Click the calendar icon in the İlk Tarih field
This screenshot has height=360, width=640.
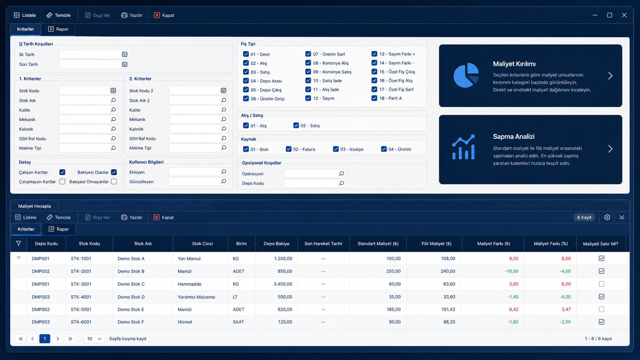[x=124, y=54]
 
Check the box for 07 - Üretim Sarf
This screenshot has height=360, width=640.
[x=308, y=54]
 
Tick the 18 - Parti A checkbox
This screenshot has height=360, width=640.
[x=374, y=98]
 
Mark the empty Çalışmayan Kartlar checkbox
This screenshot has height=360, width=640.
[x=62, y=181]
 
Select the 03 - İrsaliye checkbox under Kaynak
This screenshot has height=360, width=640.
[x=336, y=149]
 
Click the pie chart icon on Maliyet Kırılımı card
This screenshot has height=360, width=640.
[x=466, y=75]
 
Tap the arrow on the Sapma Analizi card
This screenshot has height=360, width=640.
[x=610, y=149]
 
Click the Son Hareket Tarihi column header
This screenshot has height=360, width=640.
[x=323, y=244]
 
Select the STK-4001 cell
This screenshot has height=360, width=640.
[x=81, y=296]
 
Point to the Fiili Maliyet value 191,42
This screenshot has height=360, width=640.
[x=448, y=309]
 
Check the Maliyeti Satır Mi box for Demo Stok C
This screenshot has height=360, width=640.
[x=601, y=284]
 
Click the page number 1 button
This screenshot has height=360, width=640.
[x=44, y=338]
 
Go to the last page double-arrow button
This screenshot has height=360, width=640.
[x=70, y=338]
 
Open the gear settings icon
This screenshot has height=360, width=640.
[x=607, y=217]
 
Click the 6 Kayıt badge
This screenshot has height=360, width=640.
[x=584, y=217]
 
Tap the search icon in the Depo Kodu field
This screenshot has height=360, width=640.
[x=341, y=183]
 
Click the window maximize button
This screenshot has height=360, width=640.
[x=609, y=15]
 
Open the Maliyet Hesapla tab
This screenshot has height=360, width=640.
[x=34, y=206]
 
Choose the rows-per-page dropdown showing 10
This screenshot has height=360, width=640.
[x=94, y=338]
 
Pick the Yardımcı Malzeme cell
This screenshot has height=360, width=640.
[x=196, y=296]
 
